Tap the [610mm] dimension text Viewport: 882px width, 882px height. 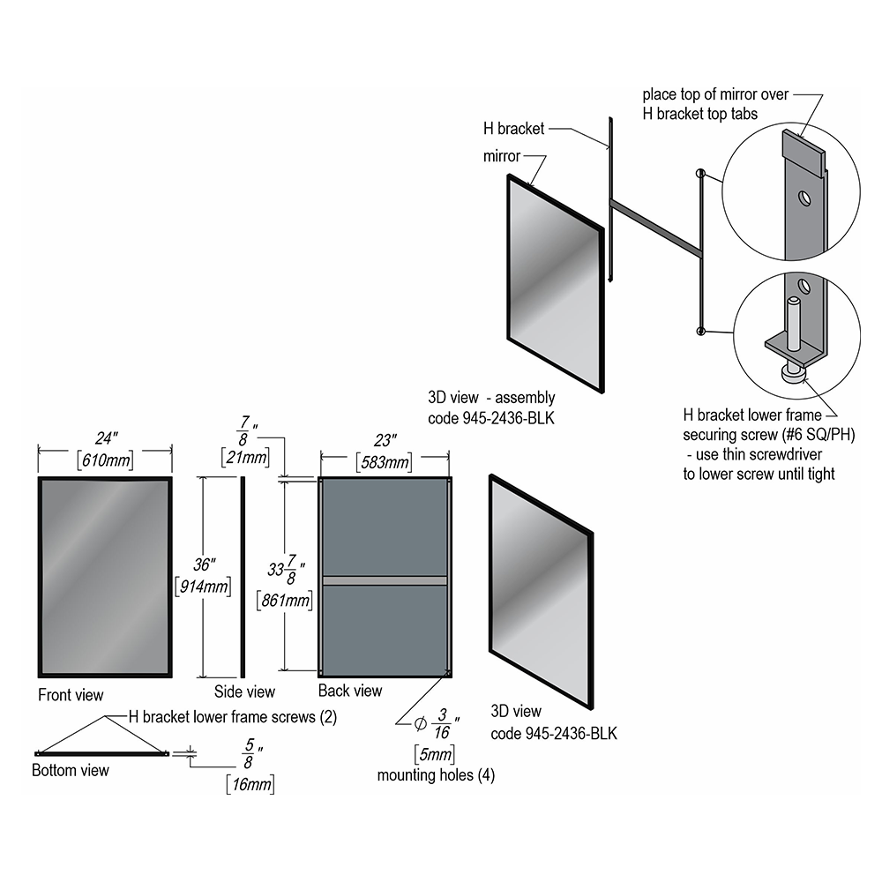point(106,460)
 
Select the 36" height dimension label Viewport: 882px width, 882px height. point(205,564)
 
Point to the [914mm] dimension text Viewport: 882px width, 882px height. point(203,587)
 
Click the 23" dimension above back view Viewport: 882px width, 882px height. point(385,440)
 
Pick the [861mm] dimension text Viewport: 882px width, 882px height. point(284,600)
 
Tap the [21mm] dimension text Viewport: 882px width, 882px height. point(245,457)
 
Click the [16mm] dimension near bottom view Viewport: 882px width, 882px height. point(250,784)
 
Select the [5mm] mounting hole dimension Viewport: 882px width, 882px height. point(434,754)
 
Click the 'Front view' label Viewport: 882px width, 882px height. point(71,695)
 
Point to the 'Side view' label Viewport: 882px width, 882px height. point(244,691)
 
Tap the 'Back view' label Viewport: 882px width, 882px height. point(350,691)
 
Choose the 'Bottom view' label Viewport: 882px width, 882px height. point(71,770)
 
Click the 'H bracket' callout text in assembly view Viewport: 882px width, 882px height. point(513,129)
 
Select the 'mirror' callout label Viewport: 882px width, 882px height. point(502,156)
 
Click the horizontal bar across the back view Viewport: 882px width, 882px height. point(385,580)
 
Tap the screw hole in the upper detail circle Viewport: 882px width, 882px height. point(804,198)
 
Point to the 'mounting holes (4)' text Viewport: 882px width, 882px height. point(436,775)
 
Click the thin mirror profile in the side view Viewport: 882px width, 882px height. point(243,578)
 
